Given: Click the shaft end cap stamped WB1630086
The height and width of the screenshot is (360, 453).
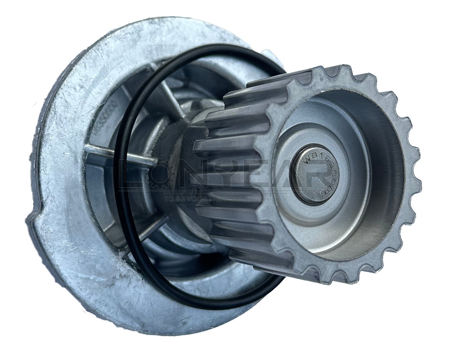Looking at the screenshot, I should (x=314, y=175).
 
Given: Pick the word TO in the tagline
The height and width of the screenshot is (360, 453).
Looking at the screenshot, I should (x=168, y=198).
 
